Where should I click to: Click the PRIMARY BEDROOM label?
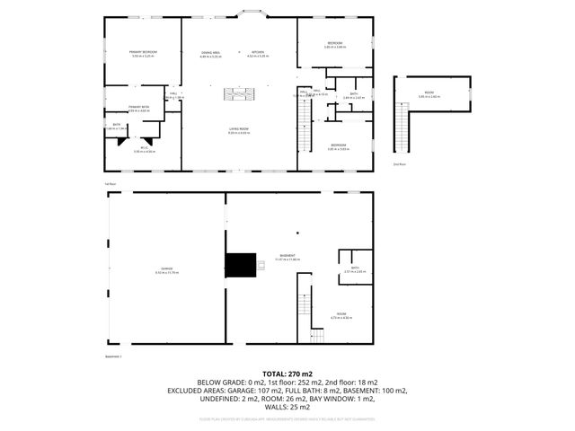click(143, 54)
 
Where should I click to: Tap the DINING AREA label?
click(211, 54)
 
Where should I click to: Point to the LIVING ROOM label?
click(238, 130)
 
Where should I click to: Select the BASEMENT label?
click(287, 257)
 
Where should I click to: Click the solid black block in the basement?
click(240, 267)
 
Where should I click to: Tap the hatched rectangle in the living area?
click(240, 93)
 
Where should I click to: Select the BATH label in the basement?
click(355, 268)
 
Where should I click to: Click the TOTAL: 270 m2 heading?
click(287, 373)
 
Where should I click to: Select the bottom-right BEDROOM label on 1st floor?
click(338, 145)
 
